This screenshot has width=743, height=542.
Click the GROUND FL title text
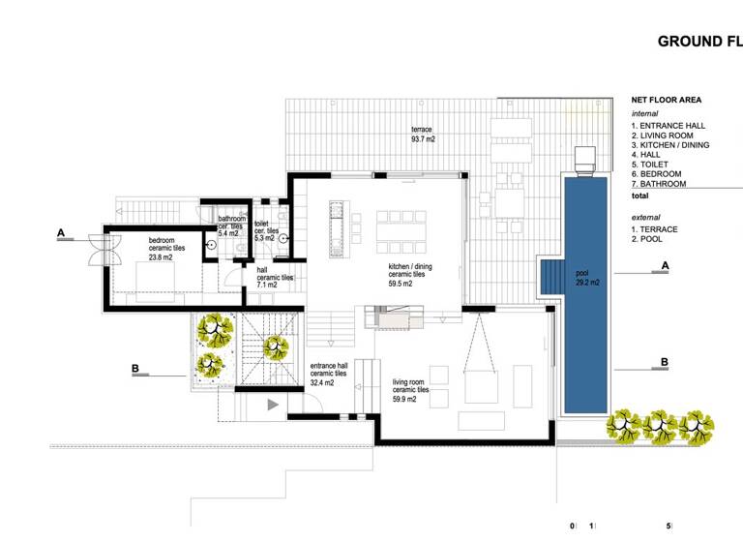point(699,42)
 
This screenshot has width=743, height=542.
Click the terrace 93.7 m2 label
point(423,135)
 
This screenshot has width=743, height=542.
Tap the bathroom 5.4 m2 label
point(231,226)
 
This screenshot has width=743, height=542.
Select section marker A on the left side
point(61,232)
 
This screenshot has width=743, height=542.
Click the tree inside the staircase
point(275,345)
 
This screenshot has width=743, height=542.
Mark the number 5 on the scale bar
point(669,527)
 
